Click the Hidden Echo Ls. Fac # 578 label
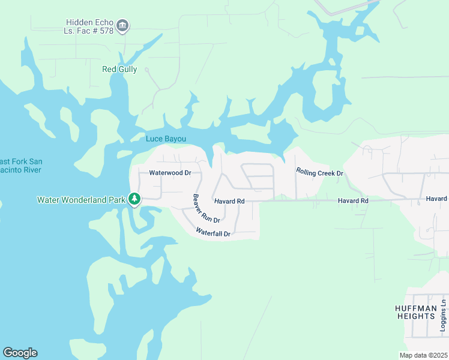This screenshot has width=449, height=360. tap(88, 26)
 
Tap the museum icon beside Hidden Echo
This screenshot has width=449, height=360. tap(123, 25)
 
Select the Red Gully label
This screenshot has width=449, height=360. tap(119, 70)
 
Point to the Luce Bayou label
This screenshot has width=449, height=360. tap(166, 139)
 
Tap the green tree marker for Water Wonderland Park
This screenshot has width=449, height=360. tap(135, 199)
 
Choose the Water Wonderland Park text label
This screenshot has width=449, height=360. tap(81, 200)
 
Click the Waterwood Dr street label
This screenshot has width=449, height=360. tap(170, 173)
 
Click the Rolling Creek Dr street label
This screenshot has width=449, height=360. tap(319, 172)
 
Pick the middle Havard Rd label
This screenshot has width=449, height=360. tap(352, 200)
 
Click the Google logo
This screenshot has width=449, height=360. tap(20, 353)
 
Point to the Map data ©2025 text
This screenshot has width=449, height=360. tap(423, 355)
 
